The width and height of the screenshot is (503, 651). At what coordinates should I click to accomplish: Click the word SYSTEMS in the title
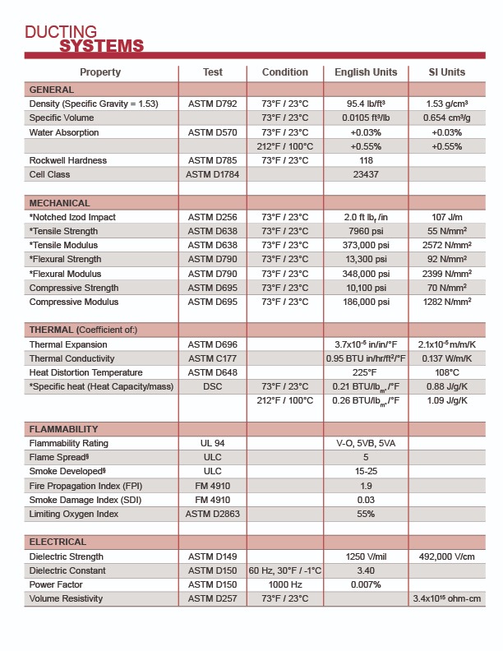pos(101,45)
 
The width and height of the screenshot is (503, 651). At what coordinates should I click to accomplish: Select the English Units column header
pos(366,72)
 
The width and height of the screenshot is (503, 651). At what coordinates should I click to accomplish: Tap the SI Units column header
pos(447,72)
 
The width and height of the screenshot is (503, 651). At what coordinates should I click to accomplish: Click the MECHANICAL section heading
pos(60,203)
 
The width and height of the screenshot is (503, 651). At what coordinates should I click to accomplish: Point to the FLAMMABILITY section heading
pos(64,429)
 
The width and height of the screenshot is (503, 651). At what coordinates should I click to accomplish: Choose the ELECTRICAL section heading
pos(58,542)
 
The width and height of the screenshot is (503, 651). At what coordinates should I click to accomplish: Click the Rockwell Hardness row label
pos(68,160)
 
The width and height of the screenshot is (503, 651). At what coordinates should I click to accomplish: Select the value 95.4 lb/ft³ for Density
pos(366,104)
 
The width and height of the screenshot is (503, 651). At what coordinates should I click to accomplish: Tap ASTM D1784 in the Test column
pos(213,174)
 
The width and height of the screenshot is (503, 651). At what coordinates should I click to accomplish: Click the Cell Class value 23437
pos(366,174)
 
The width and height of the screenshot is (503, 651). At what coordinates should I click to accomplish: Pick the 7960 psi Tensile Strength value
pos(366,231)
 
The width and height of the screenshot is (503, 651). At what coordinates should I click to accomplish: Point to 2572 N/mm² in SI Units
pos(447,245)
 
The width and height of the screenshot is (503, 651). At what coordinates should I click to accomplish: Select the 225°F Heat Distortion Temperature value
pos(366,372)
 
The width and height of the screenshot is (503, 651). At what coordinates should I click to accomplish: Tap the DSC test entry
pos(213,386)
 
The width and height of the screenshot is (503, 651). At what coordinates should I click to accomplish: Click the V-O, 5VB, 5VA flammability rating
pos(366,443)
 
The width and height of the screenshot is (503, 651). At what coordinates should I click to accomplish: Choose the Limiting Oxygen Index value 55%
pos(366,514)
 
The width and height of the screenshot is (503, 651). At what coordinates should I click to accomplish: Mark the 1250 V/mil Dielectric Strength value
pos(366,556)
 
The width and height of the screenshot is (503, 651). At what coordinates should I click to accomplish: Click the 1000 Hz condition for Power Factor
pos(285,584)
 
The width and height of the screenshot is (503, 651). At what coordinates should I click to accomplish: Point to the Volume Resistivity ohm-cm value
pos(447,598)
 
